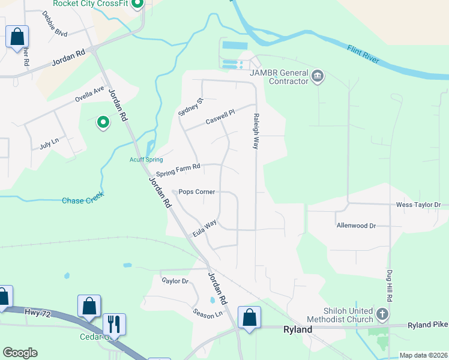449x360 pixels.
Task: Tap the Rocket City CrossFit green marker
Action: click(x=137, y=5)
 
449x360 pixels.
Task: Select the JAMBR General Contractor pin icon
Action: click(x=318, y=76)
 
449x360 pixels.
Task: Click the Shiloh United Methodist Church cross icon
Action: click(x=382, y=314)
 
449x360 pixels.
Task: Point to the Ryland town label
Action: click(x=298, y=330)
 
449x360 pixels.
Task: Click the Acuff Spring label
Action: click(x=146, y=160)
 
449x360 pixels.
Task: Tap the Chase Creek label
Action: click(x=83, y=197)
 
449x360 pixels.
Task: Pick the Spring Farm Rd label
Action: click(x=178, y=170)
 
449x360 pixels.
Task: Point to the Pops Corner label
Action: click(x=197, y=192)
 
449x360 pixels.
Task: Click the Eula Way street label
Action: click(x=204, y=229)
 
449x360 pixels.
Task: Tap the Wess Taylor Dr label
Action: click(x=418, y=205)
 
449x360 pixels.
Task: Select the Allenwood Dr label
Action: click(x=355, y=226)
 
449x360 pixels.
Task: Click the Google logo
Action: click(x=20, y=353)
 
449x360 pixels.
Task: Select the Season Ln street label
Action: click(x=208, y=313)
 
